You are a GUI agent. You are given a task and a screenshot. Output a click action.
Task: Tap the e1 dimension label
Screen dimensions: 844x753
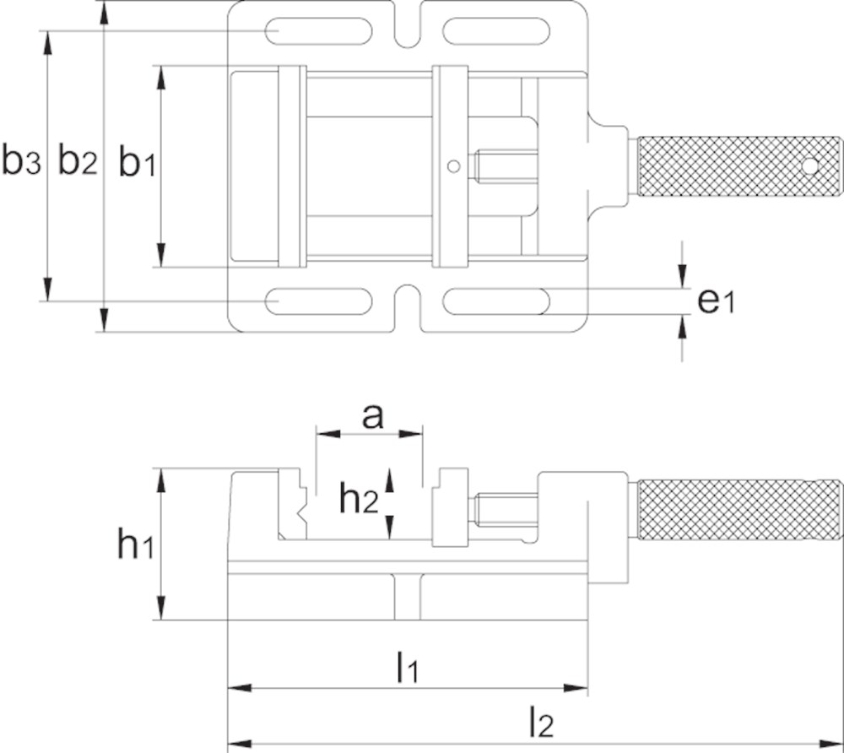716,301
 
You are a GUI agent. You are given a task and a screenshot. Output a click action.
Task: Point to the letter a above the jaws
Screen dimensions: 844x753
372,417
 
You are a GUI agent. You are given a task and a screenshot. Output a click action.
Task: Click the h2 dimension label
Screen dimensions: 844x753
359,500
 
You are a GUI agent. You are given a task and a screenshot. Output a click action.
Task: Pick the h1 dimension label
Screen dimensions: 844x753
136,544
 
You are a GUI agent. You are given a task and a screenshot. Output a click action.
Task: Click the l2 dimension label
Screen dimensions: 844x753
541,723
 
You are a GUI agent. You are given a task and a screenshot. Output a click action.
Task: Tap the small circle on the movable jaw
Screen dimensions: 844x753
454,167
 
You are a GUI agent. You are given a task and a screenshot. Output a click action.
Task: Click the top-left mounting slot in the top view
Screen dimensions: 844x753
319,30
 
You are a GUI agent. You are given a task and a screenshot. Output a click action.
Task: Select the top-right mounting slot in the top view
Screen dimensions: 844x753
495,30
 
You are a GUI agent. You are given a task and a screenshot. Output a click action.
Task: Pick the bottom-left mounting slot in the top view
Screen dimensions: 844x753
319,301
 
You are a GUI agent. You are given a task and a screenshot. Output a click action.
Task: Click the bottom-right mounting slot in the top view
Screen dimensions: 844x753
495,301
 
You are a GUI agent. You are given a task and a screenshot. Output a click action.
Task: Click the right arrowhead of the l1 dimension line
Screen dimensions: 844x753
576,688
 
